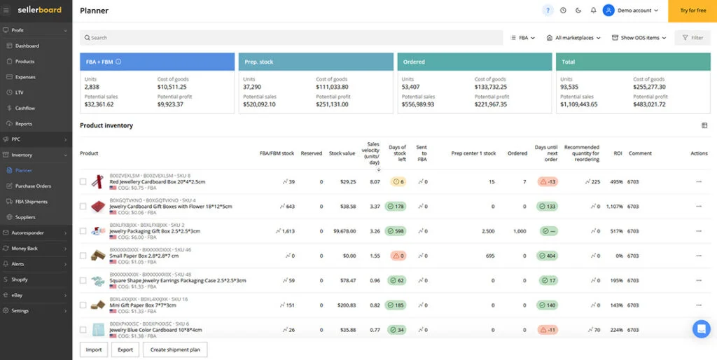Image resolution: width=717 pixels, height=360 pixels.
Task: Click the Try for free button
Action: (x=692, y=11)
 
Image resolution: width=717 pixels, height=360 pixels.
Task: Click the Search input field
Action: (x=291, y=38)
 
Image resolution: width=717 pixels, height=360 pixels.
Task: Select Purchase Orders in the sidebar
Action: (x=33, y=186)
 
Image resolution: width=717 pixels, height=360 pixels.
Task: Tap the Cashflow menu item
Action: (x=25, y=108)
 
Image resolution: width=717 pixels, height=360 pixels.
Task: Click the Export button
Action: (x=125, y=349)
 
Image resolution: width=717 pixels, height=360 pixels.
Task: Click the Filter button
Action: (x=692, y=38)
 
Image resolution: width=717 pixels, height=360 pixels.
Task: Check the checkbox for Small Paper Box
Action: (x=83, y=256)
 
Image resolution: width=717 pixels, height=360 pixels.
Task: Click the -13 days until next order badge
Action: (x=548, y=182)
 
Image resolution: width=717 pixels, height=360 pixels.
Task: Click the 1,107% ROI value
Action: (x=614, y=207)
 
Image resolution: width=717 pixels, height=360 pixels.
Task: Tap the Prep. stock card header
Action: (x=316, y=62)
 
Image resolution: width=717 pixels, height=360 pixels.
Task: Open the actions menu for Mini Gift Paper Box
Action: (x=698, y=305)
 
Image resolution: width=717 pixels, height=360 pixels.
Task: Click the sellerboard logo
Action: (x=39, y=11)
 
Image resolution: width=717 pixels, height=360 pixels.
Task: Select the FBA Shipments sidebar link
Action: (x=32, y=202)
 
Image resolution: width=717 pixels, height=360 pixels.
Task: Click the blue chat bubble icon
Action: (x=701, y=328)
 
